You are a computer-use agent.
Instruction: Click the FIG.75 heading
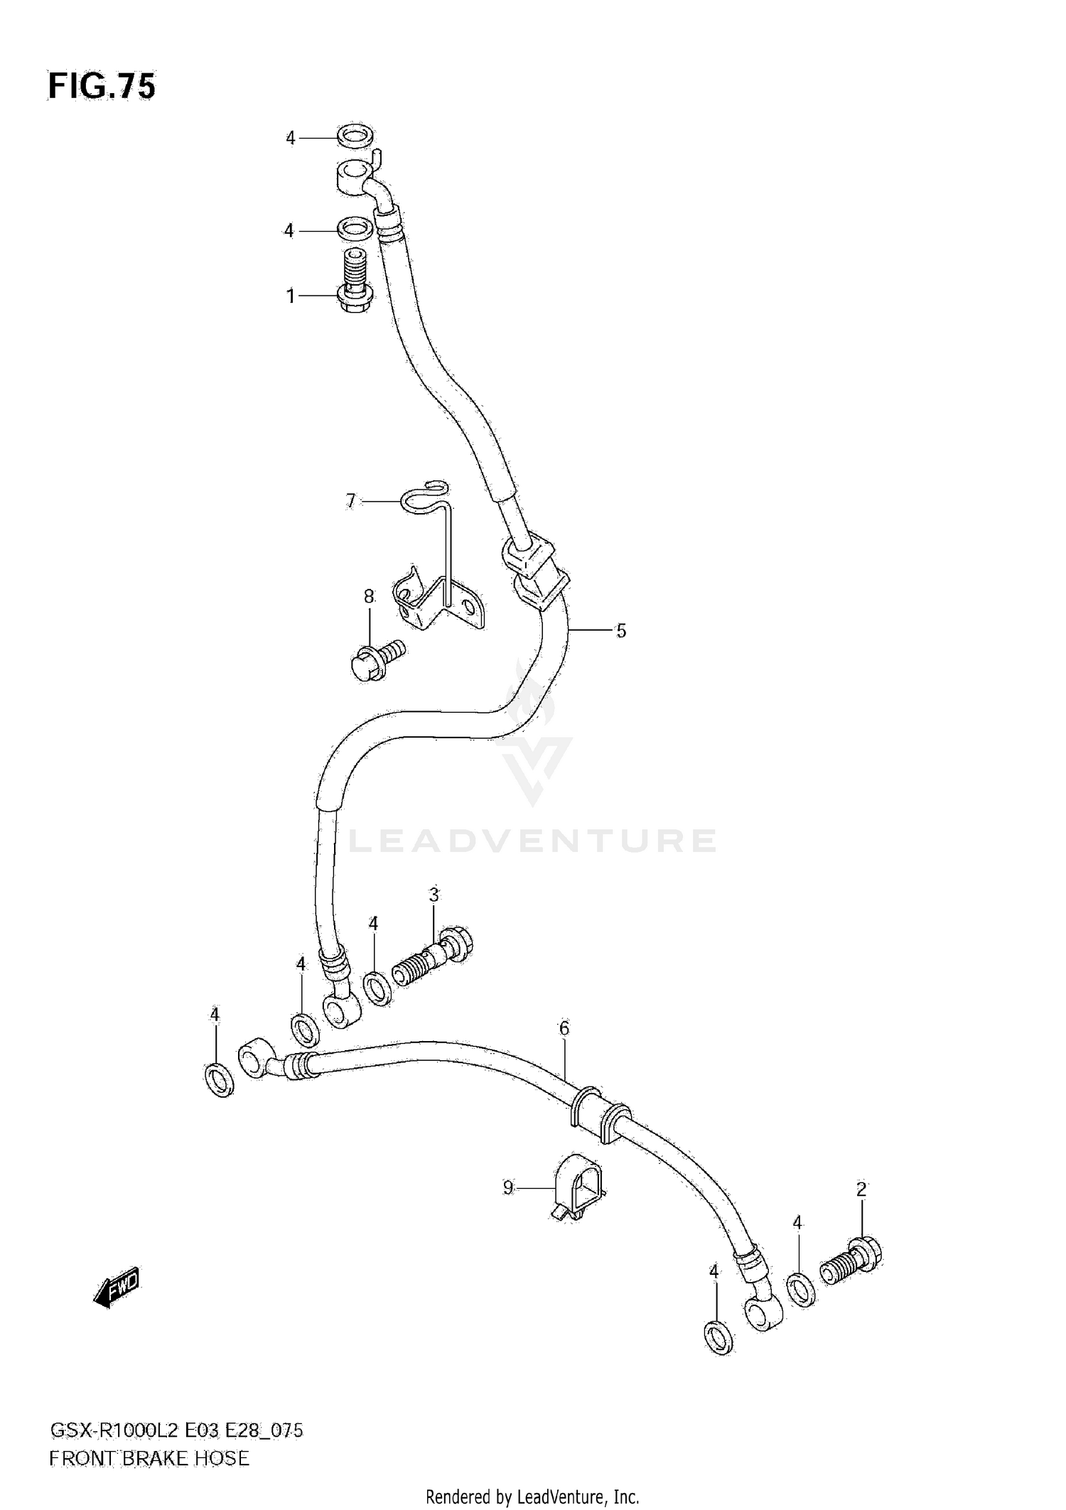point(102,87)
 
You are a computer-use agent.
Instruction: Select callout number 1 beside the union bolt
point(290,296)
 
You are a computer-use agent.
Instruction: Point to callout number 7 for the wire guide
point(350,501)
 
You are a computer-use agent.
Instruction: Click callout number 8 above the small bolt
point(369,597)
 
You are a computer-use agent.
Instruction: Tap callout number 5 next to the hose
point(621,630)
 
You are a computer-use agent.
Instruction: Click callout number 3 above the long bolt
point(434,895)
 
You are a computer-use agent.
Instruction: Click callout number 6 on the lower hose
point(564,1028)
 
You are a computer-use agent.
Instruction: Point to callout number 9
point(507,1187)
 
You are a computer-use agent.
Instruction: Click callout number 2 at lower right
point(861,1189)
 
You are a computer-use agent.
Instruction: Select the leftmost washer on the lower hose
point(219,1080)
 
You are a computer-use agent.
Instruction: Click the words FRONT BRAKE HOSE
point(149,1459)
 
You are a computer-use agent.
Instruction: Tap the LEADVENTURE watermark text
point(533,841)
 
